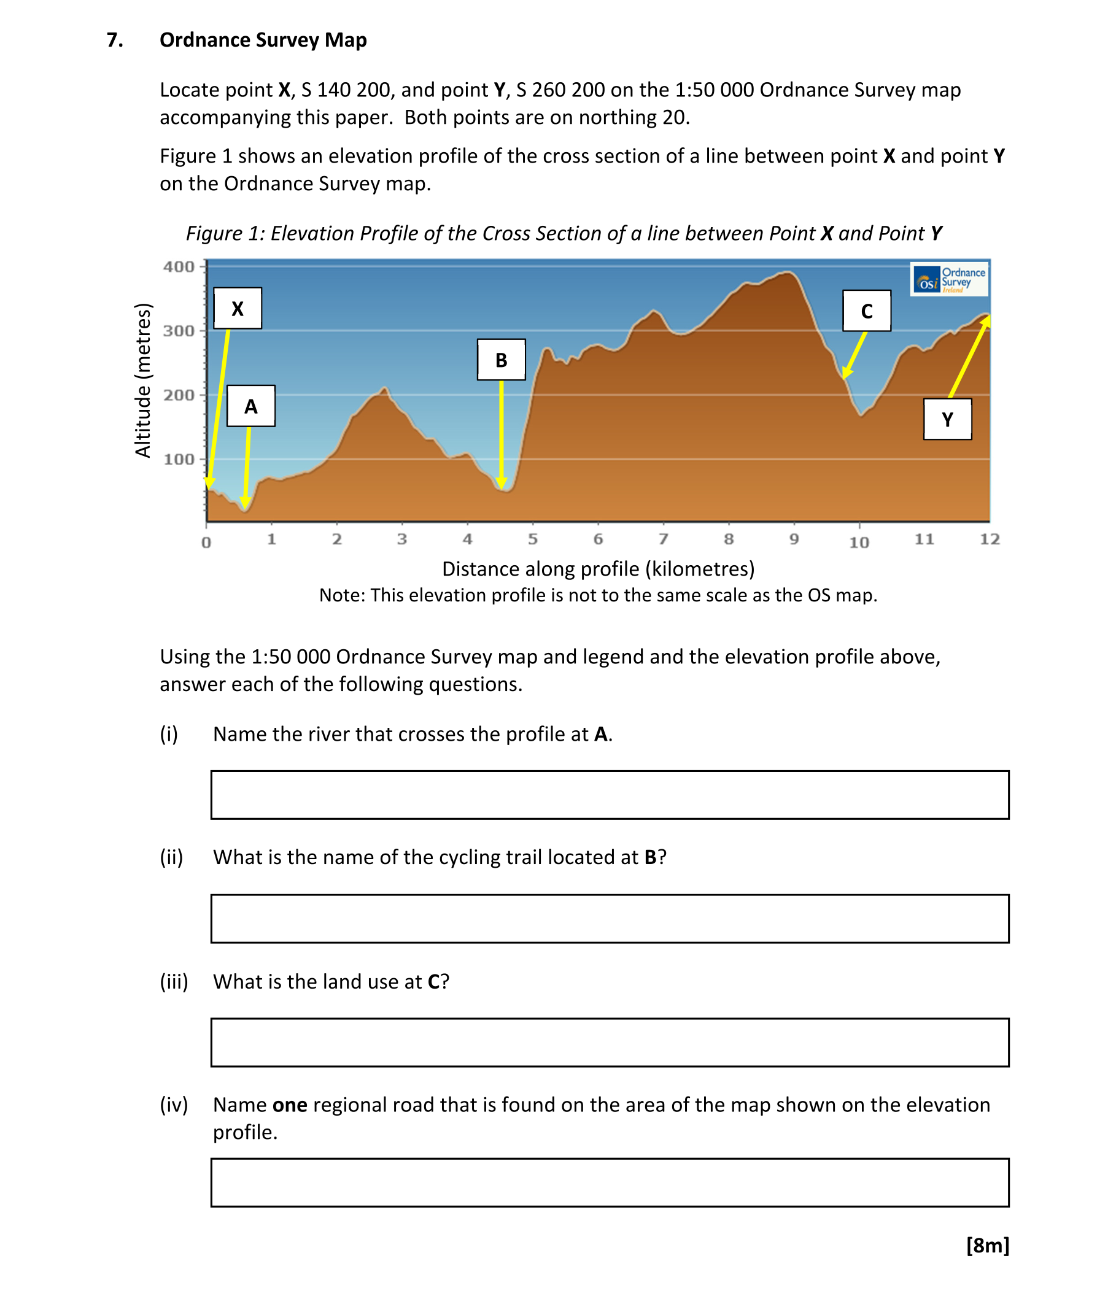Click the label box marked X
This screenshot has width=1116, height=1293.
(237, 308)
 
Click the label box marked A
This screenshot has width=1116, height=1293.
(250, 406)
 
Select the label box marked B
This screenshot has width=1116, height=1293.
(500, 360)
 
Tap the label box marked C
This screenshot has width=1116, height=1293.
(866, 311)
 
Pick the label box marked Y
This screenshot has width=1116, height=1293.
(947, 419)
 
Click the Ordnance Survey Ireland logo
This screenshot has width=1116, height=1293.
(949, 279)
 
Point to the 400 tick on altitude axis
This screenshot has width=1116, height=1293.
(179, 267)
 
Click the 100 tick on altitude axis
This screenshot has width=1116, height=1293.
(179, 460)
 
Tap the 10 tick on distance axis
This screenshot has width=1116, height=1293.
(859, 542)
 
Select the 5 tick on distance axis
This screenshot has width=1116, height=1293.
(532, 539)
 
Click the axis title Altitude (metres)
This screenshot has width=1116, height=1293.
(143, 380)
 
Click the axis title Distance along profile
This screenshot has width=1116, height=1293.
(598, 569)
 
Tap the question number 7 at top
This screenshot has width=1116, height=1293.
(114, 40)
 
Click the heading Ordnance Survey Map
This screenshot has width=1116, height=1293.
(263, 40)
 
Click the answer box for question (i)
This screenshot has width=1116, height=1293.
(609, 795)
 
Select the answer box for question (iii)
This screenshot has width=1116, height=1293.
(609, 1042)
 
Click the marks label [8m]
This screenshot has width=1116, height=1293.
(987, 1245)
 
